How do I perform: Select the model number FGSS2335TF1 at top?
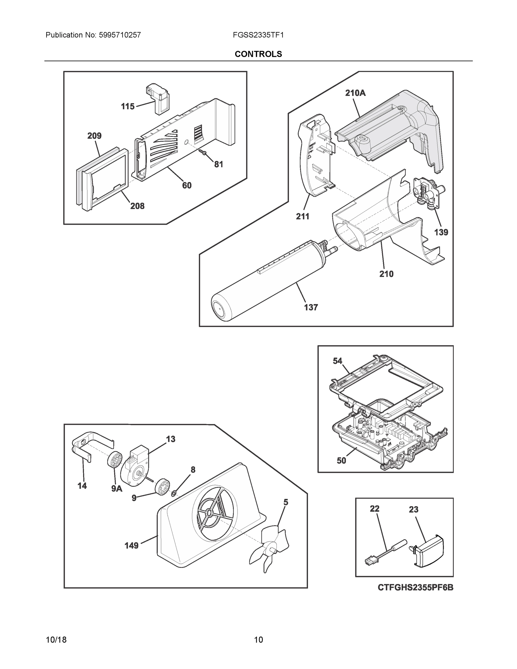click(258, 35)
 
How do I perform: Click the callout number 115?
click(128, 106)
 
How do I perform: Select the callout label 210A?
click(355, 93)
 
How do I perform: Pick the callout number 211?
click(302, 216)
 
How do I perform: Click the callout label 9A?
click(117, 489)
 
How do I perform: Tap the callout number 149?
click(131, 545)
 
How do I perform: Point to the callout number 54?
click(337, 361)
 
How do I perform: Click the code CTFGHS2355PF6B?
click(415, 594)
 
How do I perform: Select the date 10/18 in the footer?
click(56, 640)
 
